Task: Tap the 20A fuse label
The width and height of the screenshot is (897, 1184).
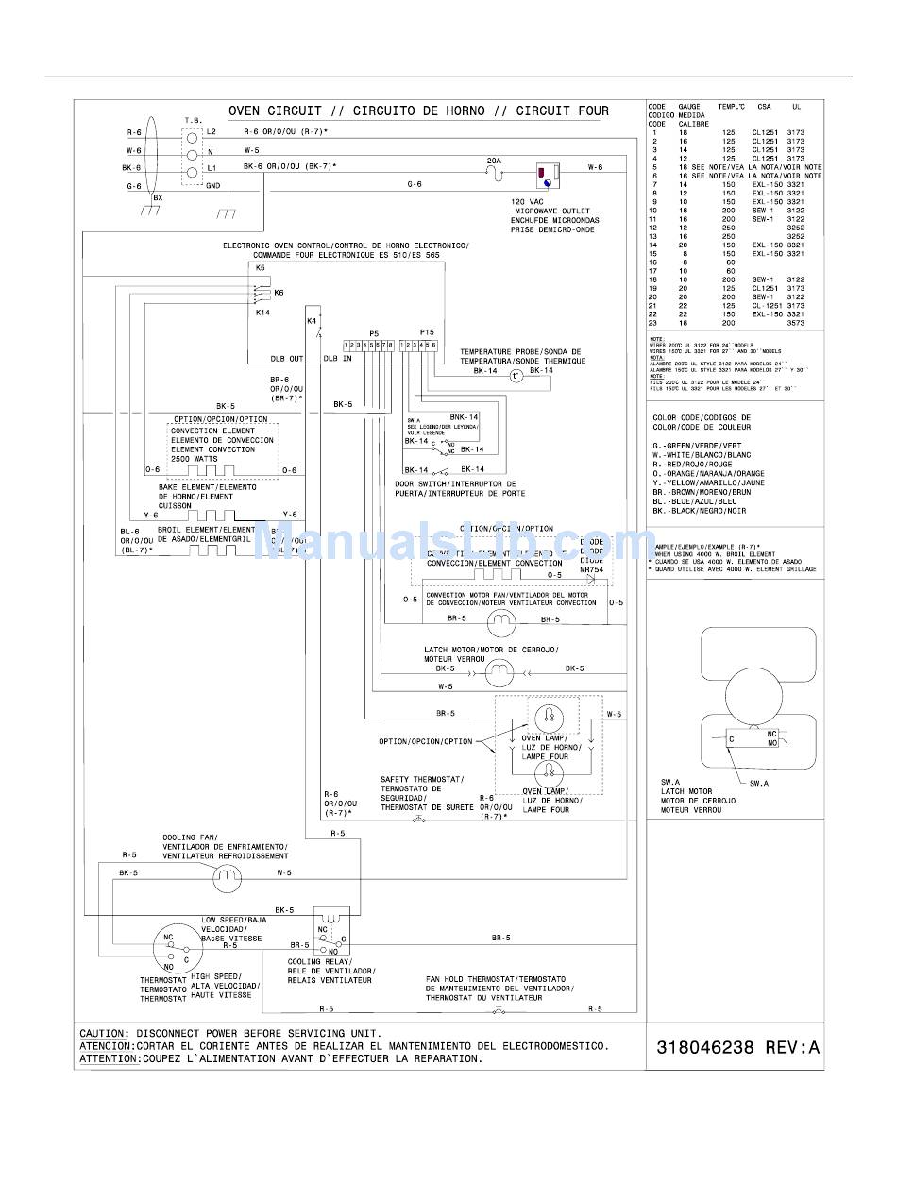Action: click(x=493, y=161)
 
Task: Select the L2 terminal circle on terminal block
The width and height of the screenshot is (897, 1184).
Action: click(x=193, y=133)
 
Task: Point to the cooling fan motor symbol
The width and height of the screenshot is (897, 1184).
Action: click(x=226, y=880)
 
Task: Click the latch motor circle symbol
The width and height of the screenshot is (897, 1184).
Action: click(x=499, y=671)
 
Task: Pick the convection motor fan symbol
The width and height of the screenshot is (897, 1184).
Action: click(x=499, y=621)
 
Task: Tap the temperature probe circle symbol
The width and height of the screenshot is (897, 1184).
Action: click(x=516, y=376)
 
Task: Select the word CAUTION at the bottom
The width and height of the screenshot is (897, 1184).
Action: click(x=103, y=1034)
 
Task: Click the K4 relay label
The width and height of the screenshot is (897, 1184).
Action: click(x=312, y=322)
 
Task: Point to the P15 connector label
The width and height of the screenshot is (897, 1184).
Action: click(x=427, y=333)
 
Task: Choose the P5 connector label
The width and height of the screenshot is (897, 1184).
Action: click(x=373, y=333)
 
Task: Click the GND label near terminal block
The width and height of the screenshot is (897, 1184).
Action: click(x=213, y=186)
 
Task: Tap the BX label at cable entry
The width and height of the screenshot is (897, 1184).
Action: click(x=158, y=198)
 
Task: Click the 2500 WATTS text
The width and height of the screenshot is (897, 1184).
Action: click(x=194, y=459)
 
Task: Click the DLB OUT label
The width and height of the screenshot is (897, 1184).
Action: click(x=287, y=359)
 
